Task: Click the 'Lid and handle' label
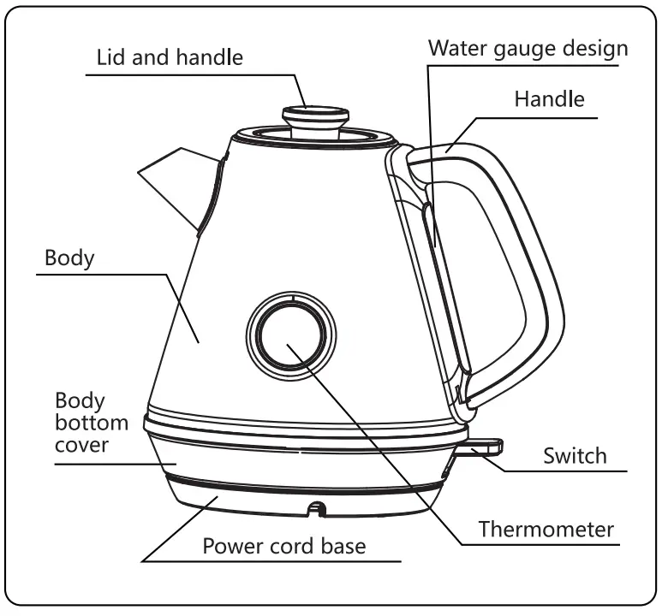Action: [x=170, y=57]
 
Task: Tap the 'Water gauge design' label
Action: [x=528, y=47]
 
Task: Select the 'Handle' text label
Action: [x=549, y=98]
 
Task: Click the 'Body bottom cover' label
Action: [x=92, y=422]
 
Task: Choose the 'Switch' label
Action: [x=575, y=455]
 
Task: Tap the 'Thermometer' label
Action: [x=546, y=529]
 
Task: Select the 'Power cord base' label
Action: [x=283, y=545]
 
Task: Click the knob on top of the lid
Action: [x=316, y=117]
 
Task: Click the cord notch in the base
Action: [x=317, y=509]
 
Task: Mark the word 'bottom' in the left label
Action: [x=92, y=422]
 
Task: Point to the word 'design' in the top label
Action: [x=596, y=47]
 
